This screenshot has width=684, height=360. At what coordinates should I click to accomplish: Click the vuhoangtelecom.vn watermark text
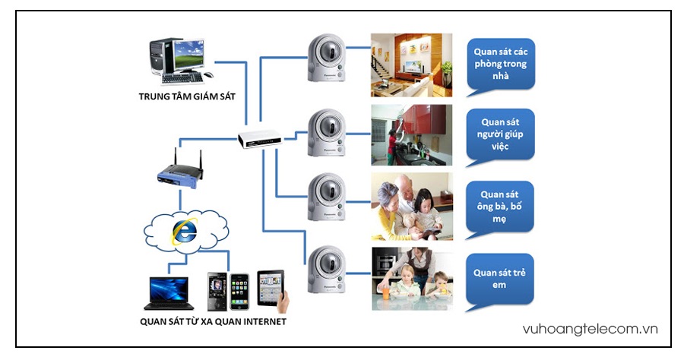pyautogui.click(x=591, y=329)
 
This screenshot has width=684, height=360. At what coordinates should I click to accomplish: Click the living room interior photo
pyautogui.click(x=411, y=65)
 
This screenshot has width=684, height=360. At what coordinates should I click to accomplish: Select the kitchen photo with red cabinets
pyautogui.click(x=411, y=135)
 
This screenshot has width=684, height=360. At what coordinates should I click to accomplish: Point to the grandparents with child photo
pyautogui.click(x=411, y=207)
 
